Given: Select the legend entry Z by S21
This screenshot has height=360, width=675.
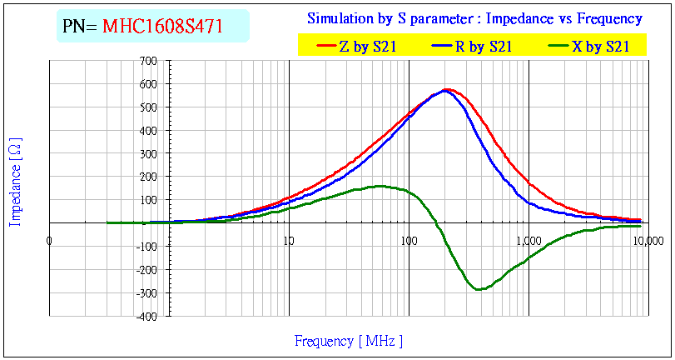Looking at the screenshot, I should click(x=366, y=47).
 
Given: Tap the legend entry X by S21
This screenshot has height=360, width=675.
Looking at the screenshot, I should click(x=599, y=47).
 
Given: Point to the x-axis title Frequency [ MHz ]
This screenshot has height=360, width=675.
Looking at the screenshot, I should click(x=349, y=341).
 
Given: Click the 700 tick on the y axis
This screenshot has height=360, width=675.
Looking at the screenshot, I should click(x=149, y=61).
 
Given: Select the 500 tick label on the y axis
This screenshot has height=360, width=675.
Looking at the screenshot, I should click(x=149, y=107).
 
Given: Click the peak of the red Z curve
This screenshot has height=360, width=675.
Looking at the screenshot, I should click(x=448, y=89).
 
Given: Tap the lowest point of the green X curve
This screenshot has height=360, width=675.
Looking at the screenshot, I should click(x=479, y=289).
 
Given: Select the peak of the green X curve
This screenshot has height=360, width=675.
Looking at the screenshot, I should click(x=381, y=186).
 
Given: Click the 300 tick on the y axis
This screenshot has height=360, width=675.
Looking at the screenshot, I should click(x=149, y=154).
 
